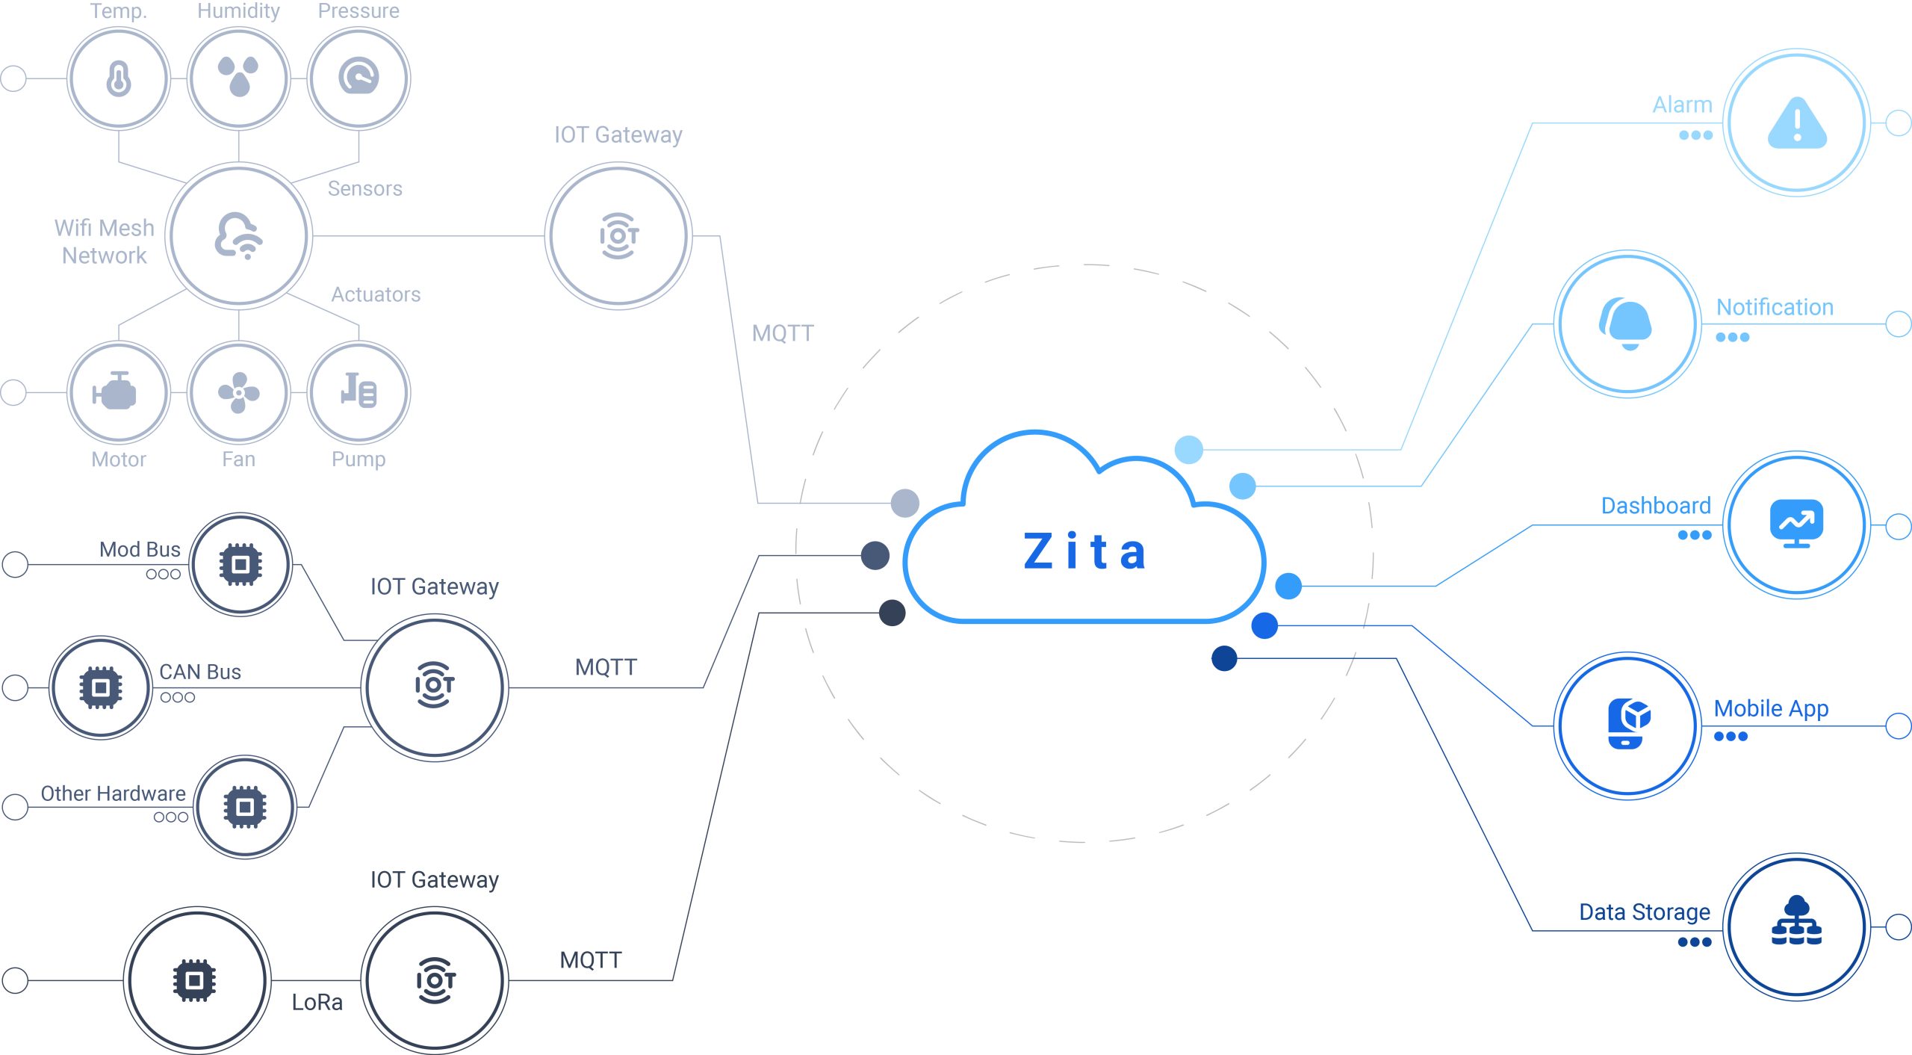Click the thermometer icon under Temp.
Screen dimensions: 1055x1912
tap(119, 78)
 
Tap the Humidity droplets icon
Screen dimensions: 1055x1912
tap(238, 77)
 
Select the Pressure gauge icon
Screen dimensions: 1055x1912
tap(358, 77)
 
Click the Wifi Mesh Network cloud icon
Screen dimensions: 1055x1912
tap(238, 236)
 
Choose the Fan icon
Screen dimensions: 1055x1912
tap(238, 392)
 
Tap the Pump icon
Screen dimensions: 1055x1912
tap(358, 391)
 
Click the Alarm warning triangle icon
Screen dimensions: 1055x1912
tap(1797, 123)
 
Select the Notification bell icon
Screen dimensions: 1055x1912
tap(1627, 324)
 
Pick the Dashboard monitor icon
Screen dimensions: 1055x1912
tap(1796, 524)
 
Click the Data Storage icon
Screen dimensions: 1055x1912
tap(1796, 922)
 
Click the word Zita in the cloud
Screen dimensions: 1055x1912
tap(1084, 551)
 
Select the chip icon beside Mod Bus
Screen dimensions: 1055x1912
tap(240, 565)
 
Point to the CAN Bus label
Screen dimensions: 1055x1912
tap(200, 672)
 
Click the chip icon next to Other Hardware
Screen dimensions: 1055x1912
tap(245, 807)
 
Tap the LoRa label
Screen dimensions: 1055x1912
tap(317, 1003)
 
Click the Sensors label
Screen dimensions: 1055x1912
tap(365, 188)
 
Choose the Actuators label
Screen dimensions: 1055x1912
tap(376, 294)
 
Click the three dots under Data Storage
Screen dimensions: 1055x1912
tap(1694, 942)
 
